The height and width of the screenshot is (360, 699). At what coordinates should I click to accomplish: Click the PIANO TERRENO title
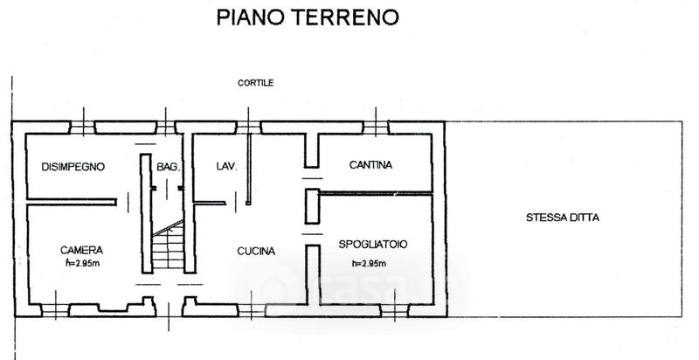308,17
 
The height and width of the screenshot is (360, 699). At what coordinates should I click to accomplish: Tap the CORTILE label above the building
255,83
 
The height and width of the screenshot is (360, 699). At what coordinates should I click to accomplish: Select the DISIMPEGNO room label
73,167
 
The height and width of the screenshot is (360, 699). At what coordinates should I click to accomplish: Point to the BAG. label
168,167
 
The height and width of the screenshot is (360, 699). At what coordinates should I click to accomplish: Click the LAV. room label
227,166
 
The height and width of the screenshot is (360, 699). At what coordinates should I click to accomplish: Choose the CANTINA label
370,165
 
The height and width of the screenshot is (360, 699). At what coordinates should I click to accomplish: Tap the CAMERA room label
81,250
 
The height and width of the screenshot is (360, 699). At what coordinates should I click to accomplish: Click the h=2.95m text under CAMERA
82,263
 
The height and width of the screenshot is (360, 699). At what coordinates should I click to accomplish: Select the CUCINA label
256,252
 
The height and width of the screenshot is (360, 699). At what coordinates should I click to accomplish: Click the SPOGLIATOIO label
373,244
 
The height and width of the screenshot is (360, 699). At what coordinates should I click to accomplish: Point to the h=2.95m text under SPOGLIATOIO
369,263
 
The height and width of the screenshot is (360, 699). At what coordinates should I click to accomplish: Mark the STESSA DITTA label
563,218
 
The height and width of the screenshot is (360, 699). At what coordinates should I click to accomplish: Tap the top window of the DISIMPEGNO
82,128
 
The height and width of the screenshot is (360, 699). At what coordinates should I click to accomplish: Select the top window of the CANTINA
376,128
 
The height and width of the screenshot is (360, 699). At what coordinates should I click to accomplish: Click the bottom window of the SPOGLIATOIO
395,310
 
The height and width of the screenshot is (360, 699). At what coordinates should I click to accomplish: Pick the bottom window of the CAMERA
55,310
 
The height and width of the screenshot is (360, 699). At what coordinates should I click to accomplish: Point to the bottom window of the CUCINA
252,310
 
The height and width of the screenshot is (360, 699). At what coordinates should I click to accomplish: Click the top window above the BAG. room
165,128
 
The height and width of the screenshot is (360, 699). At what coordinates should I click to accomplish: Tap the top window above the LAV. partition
248,128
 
